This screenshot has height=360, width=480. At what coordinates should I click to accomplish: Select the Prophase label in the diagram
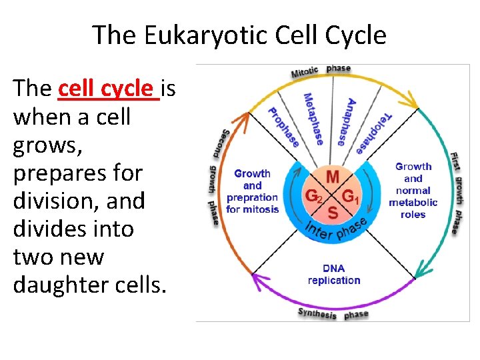click(x=283, y=127)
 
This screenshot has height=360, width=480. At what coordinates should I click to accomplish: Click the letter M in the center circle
click(x=332, y=177)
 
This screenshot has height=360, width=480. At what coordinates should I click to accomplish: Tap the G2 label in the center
click(x=313, y=197)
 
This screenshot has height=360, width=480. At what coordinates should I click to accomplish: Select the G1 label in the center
click(x=351, y=197)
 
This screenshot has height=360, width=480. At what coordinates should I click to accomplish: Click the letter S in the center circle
click(x=332, y=213)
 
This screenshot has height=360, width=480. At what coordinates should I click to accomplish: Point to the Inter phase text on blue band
click(x=337, y=229)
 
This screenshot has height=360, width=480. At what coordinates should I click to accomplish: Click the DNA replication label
click(x=334, y=275)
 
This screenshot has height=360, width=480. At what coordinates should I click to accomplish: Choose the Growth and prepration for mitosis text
click(x=252, y=191)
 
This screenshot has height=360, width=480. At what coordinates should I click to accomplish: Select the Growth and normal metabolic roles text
click(x=413, y=190)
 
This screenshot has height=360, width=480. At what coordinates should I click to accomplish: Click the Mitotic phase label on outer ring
click(x=321, y=70)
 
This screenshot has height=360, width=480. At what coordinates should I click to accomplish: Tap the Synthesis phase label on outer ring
click(x=333, y=313)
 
